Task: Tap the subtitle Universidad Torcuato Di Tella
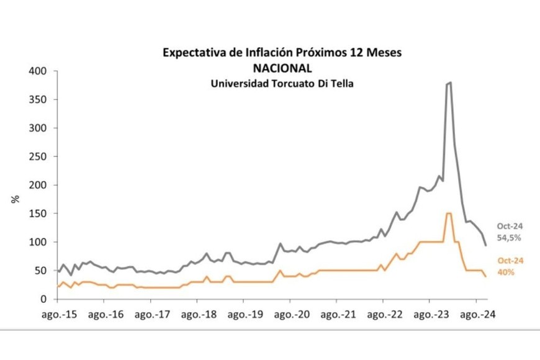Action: [x=282, y=83]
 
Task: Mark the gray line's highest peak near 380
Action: [x=449, y=83]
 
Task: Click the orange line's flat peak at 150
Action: [x=448, y=214]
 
